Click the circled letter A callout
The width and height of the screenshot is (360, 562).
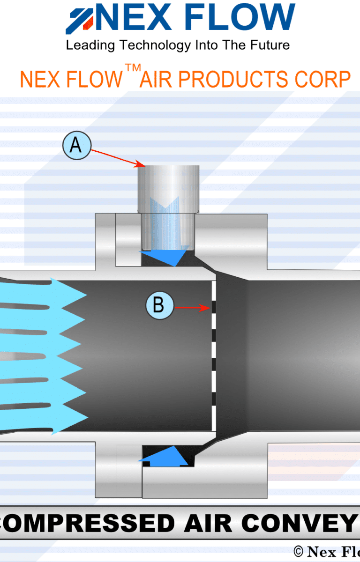click(75, 146)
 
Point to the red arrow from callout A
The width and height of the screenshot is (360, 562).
click(117, 157)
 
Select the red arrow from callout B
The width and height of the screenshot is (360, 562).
click(192, 308)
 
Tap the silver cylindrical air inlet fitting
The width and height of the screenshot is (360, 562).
click(168, 187)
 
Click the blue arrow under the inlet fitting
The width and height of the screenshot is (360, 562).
click(166, 256)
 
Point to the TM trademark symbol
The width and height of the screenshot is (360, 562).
click(133, 68)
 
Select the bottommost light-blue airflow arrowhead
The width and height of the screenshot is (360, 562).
click(70, 417)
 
